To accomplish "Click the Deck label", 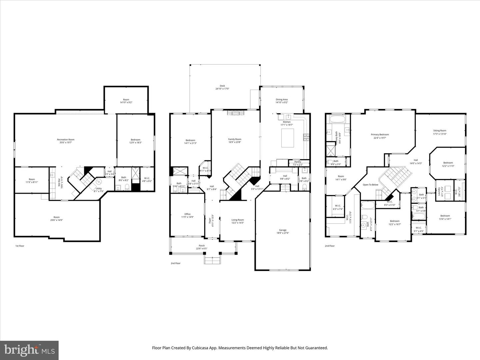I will (x=222, y=86).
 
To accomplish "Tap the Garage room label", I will (x=283, y=230).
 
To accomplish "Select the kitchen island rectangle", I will (x=288, y=138).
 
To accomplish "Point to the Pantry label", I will (x=298, y=162).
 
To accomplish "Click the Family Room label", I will (x=235, y=139).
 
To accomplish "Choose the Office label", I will (x=187, y=214).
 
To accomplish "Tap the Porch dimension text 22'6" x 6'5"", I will (x=201, y=249).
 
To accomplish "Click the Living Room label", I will (x=238, y=220).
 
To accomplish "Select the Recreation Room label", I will (x=66, y=140).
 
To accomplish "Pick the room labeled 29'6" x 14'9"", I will (x=57, y=220).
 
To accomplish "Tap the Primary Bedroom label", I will (x=380, y=135).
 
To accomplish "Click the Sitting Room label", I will (x=439, y=131).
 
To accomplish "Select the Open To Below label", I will (x=370, y=184).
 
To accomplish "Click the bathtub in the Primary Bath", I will (x=338, y=119).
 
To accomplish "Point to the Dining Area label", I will (x=281, y=99).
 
